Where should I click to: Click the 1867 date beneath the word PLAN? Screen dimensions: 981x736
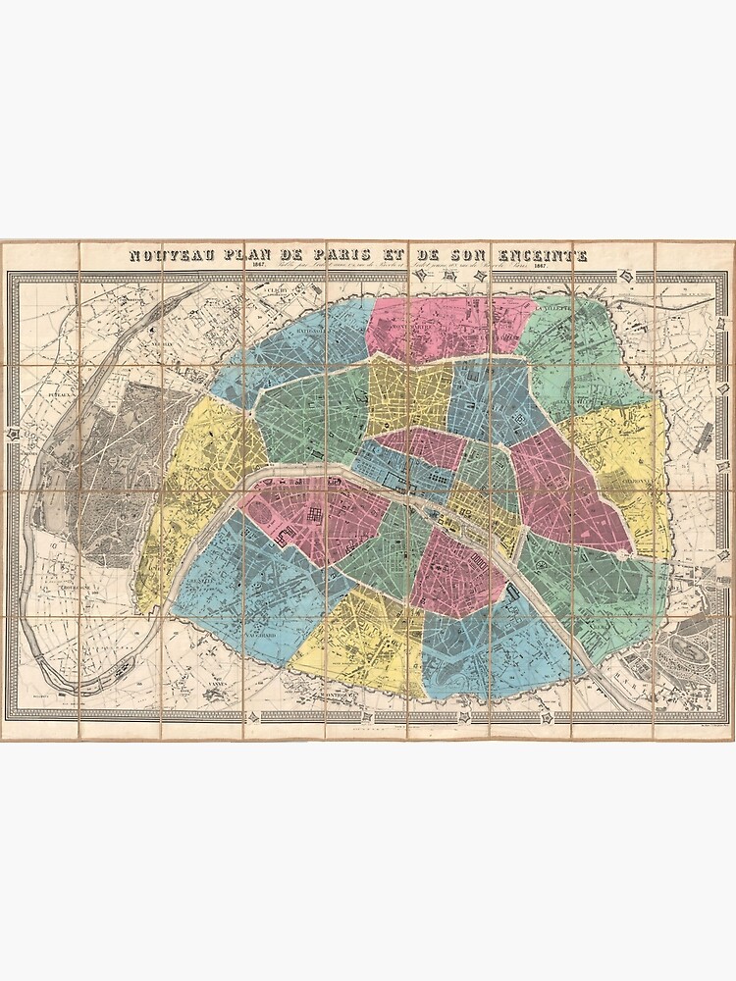[x=259, y=268]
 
